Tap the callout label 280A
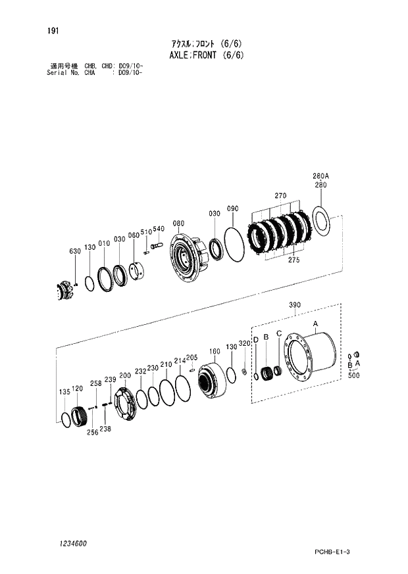tap(320, 176)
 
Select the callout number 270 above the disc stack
tap(280, 196)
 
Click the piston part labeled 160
tap(212, 380)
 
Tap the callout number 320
tap(244, 344)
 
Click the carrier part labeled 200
tap(125, 404)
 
